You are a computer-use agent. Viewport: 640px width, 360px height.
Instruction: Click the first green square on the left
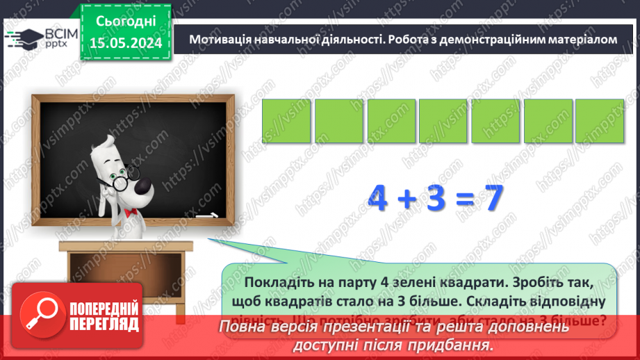pyautogui.click(x=286, y=121)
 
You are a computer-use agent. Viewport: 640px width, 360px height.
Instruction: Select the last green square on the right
pyautogui.click(x=600, y=121)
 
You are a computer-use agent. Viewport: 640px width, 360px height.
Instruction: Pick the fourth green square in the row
pyautogui.click(x=443, y=121)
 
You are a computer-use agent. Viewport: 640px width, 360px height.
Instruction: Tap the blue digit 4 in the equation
pyautogui.click(x=379, y=199)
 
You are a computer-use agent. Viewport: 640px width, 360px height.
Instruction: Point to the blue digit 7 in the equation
pyautogui.click(x=493, y=199)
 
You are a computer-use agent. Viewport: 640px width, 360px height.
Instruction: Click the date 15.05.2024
pyautogui.click(x=125, y=44)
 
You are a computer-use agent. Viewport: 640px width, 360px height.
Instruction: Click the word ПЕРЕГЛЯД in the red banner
pyautogui.click(x=104, y=324)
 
